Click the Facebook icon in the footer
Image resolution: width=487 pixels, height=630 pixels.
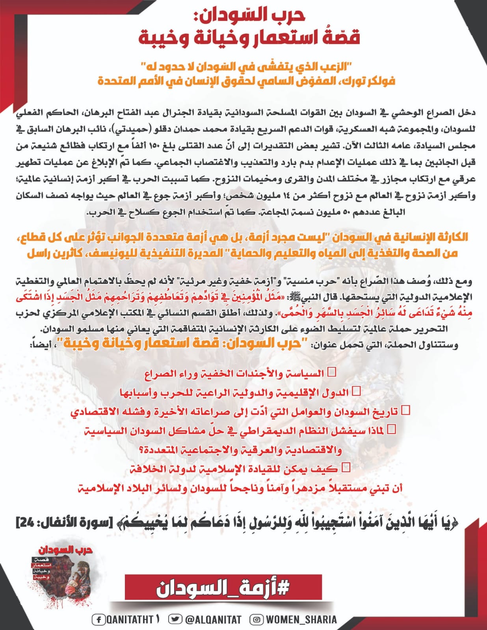click(99, 620)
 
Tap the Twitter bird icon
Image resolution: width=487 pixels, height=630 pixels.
click(175, 620)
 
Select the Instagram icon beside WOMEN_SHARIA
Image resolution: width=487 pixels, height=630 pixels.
click(257, 620)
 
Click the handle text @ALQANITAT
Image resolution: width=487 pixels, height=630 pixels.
click(213, 620)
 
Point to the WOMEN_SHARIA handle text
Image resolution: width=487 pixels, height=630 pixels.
click(301, 620)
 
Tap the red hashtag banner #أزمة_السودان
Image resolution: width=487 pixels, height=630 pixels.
click(223, 589)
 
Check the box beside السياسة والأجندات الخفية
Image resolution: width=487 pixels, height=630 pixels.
click(332, 372)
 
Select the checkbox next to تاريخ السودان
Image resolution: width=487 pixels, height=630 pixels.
click(405, 411)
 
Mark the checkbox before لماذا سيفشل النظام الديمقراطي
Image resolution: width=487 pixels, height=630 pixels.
click(392, 429)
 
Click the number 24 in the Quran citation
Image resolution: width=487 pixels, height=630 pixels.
click(25, 524)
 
